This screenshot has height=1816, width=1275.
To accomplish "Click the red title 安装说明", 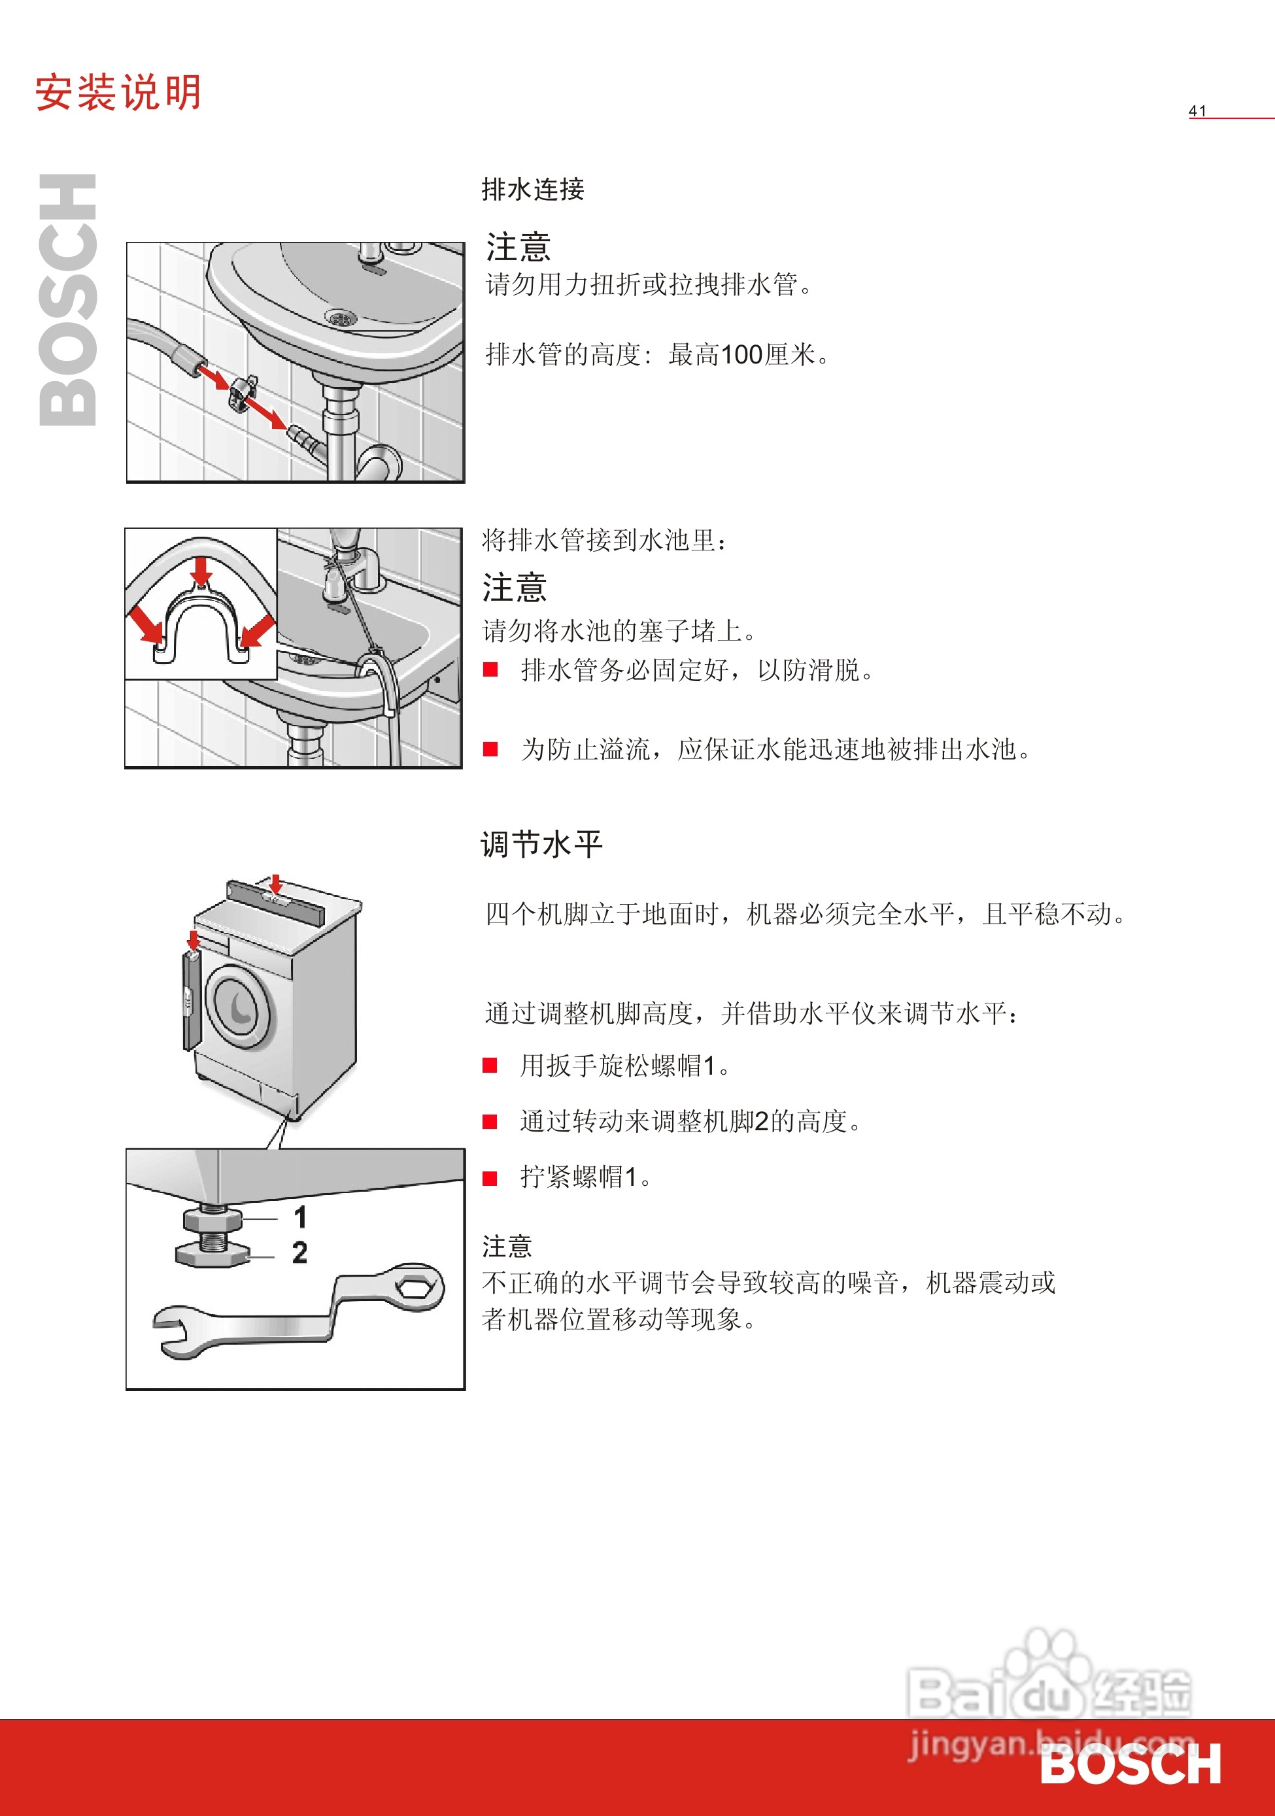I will tap(118, 93).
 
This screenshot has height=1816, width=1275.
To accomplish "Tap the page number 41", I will tap(1197, 110).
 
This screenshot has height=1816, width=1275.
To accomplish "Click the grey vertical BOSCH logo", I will tap(68, 301).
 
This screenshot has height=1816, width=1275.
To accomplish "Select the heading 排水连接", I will tap(532, 189).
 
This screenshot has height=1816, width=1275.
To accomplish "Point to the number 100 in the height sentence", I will tap(741, 355).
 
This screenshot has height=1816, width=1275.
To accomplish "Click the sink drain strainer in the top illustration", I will tap(341, 318).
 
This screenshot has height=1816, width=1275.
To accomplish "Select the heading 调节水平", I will tap(542, 844).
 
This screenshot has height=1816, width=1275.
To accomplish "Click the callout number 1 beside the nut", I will tap(299, 1217).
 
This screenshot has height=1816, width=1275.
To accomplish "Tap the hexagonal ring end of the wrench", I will tap(414, 1288).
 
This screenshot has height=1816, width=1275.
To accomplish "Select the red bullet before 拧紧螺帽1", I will tap(490, 1178).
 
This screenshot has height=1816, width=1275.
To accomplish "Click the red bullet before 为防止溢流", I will tap(490, 749).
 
